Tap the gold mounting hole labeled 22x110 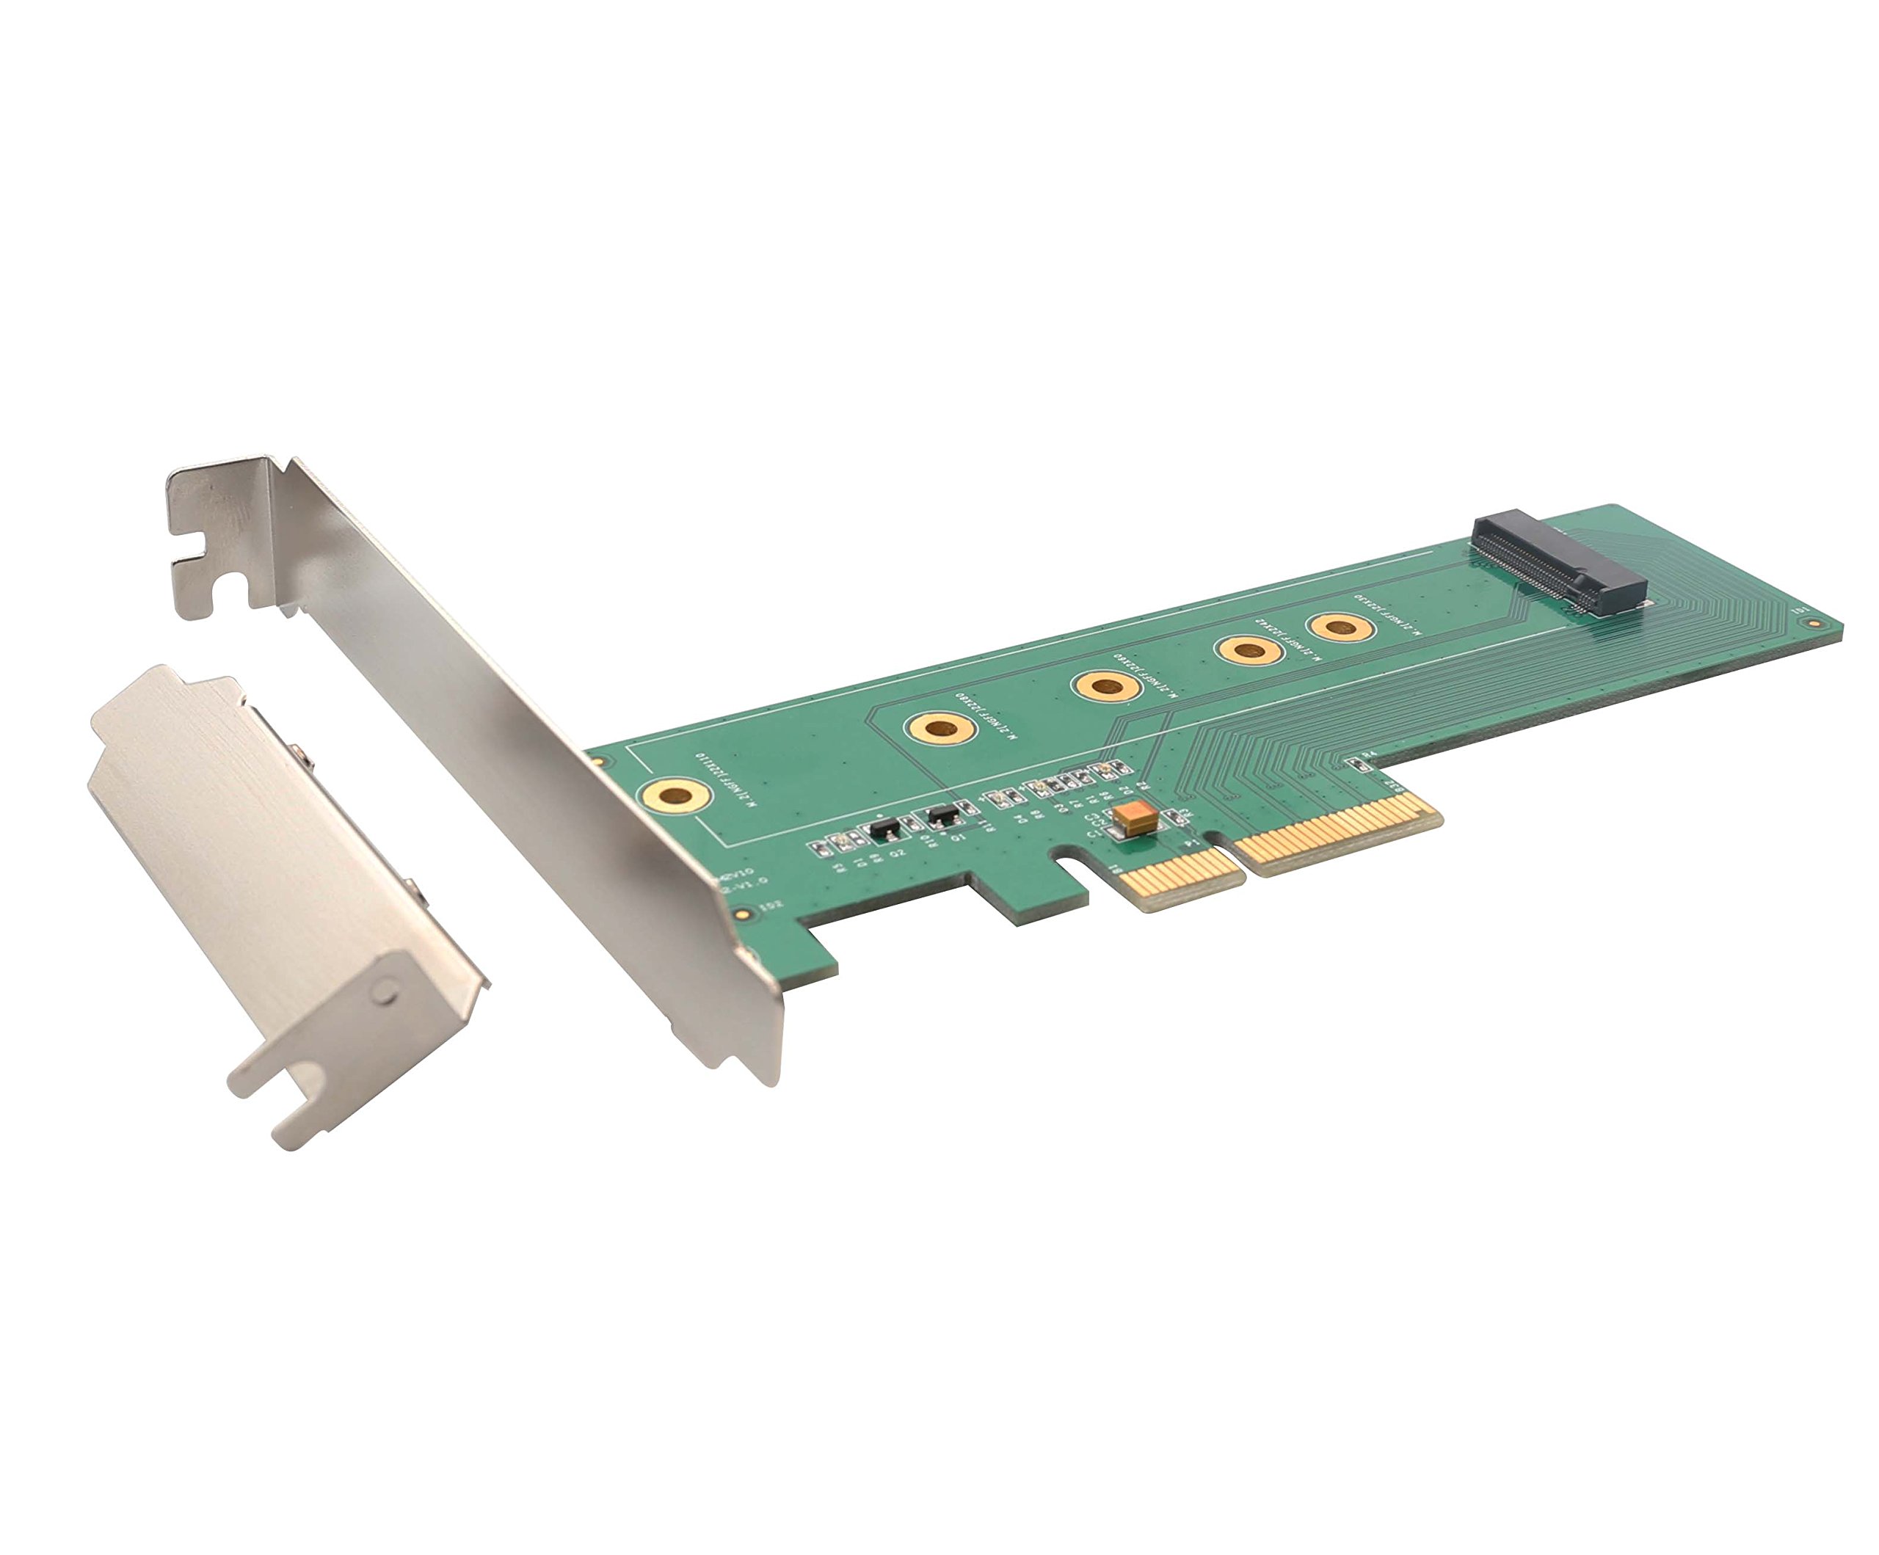coord(675,793)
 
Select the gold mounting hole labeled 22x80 coord(939,726)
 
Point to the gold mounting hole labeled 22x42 coord(1250,649)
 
